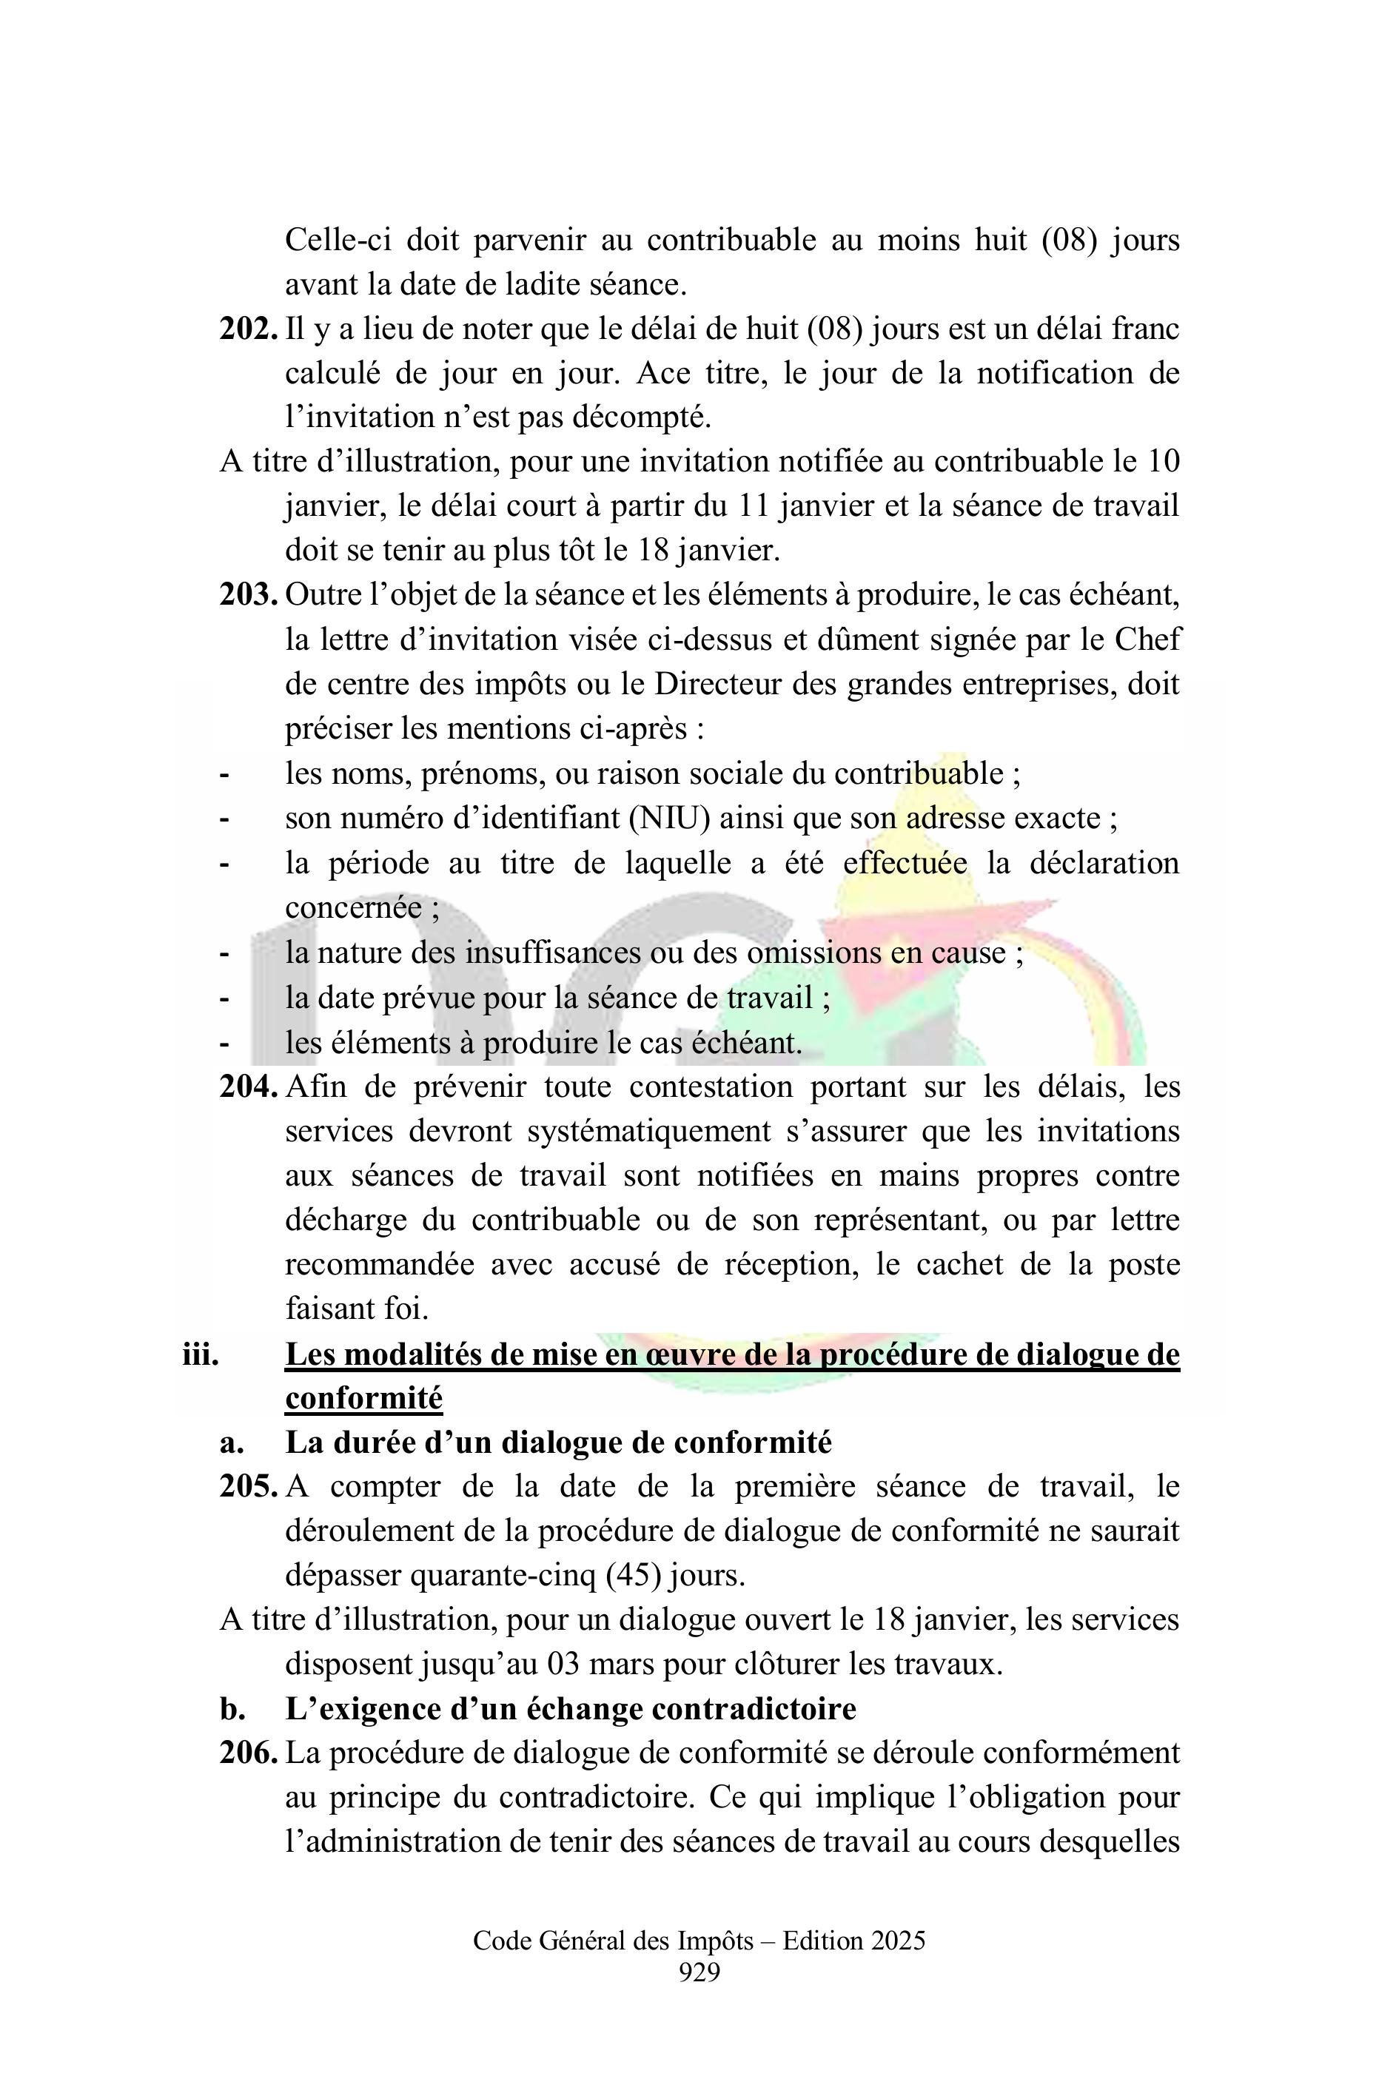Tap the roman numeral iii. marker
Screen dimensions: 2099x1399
[x=200, y=1355]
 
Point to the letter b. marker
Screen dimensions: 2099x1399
[x=232, y=1709]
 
